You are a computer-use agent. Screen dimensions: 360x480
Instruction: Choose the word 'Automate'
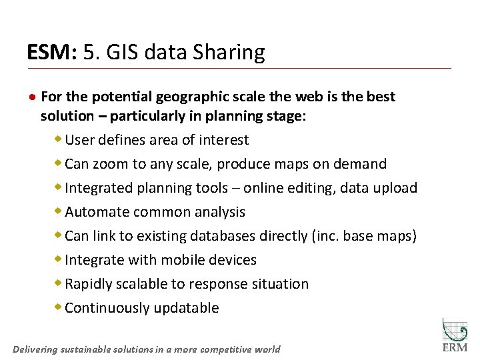(97, 212)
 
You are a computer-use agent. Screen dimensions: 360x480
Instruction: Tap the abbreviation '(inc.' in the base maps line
(325, 236)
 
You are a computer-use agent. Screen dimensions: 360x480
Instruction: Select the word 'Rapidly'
(89, 284)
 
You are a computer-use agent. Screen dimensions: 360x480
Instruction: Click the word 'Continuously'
(107, 308)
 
